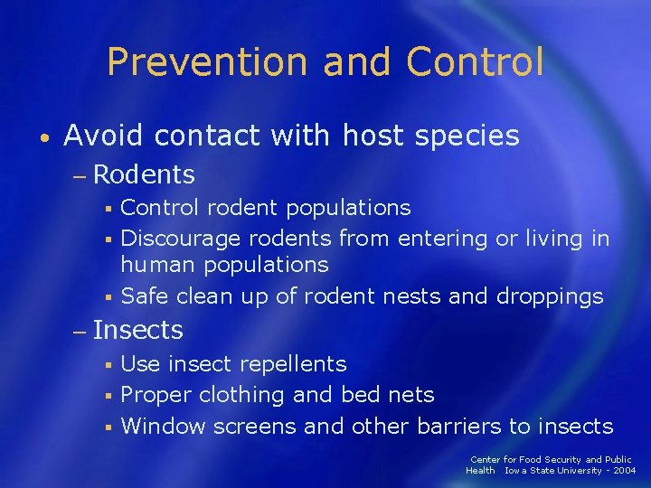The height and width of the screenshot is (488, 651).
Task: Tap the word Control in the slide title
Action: tap(475, 62)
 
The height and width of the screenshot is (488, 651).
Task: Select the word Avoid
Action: tap(103, 136)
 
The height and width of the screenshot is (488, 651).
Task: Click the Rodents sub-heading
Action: tap(144, 173)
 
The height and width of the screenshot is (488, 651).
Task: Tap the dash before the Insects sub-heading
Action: tap(79, 331)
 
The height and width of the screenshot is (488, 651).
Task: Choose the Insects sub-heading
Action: tap(137, 330)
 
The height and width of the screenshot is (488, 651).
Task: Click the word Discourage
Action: tap(181, 239)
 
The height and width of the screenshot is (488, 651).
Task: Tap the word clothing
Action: tap(241, 396)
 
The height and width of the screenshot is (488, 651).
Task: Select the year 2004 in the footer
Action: tap(623, 471)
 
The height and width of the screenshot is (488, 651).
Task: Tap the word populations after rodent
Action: tap(348, 208)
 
